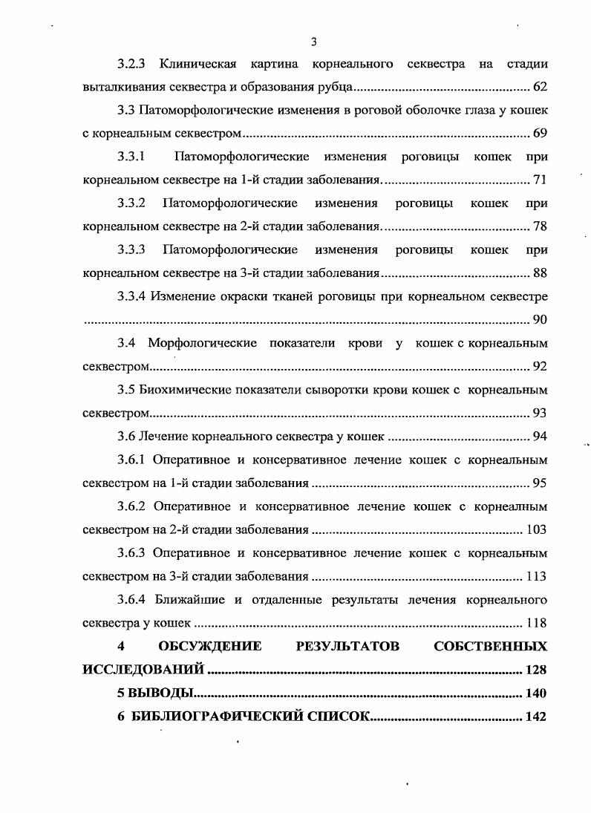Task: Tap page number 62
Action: (x=540, y=88)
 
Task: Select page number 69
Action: (x=540, y=134)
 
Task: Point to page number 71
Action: (x=540, y=180)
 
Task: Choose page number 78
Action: (x=540, y=227)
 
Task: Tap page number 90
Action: (x=540, y=320)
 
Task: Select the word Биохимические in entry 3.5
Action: (x=189, y=390)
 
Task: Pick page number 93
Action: (x=540, y=413)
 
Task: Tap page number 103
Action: (x=536, y=529)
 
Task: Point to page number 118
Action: (x=536, y=623)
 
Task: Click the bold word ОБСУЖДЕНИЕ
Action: (x=209, y=647)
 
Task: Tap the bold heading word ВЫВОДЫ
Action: (x=162, y=693)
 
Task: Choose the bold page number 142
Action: (x=535, y=717)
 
